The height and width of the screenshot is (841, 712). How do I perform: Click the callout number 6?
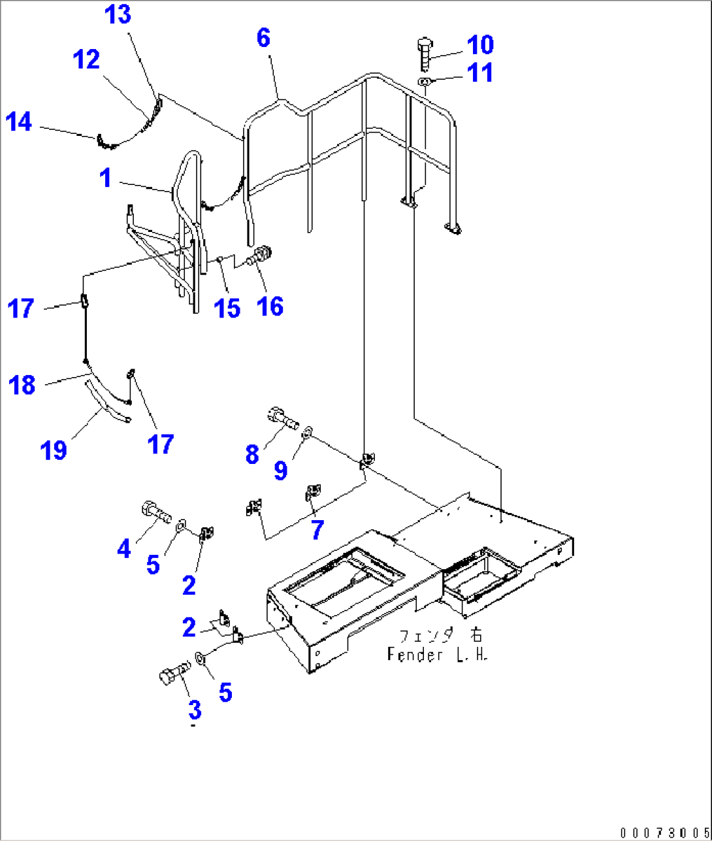263,38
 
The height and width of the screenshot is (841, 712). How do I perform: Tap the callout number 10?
479,44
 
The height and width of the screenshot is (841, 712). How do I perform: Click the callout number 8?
252,453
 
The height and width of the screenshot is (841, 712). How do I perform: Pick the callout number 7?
317,530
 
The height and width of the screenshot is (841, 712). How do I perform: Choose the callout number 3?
195,710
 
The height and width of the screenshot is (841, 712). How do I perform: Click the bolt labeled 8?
284,418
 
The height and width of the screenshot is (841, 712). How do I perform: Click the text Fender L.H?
437,653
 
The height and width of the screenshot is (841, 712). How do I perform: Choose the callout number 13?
119,15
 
